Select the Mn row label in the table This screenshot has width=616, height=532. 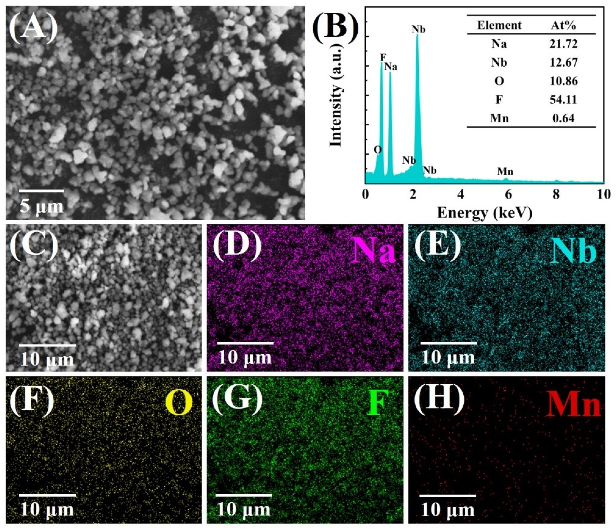click(500, 119)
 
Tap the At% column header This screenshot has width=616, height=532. click(563, 25)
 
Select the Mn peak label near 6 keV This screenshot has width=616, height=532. click(505, 172)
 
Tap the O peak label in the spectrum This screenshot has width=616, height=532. click(378, 150)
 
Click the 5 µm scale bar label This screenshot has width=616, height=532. click(42, 206)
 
